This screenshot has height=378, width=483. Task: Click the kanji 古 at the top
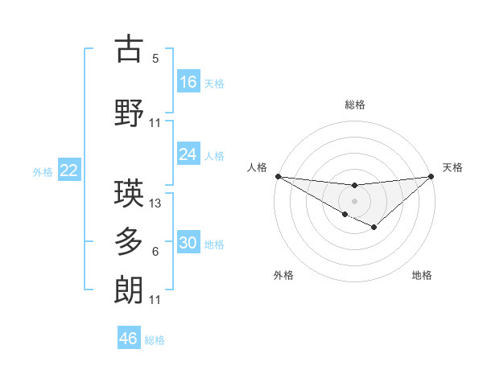pyautogui.click(x=129, y=50)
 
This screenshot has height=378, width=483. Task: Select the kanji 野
pyautogui.click(x=129, y=113)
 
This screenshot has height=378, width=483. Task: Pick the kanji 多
pyautogui.click(x=129, y=242)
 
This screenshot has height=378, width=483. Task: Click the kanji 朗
pyautogui.click(x=129, y=290)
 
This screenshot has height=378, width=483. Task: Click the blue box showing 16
pyautogui.click(x=188, y=82)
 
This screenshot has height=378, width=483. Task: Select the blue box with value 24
pyautogui.click(x=188, y=154)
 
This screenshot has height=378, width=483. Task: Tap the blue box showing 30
pyautogui.click(x=188, y=244)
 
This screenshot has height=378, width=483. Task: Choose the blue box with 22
pyautogui.click(x=68, y=171)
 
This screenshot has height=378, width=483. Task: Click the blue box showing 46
pyautogui.click(x=129, y=339)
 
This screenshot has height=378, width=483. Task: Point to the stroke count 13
pyautogui.click(x=156, y=203)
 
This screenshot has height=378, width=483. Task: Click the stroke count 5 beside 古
pyautogui.click(x=155, y=59)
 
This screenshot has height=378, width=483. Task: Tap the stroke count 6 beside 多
pyautogui.click(x=155, y=252)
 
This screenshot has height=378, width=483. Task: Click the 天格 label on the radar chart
pyautogui.click(x=453, y=167)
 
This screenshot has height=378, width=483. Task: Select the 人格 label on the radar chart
pyautogui.click(x=257, y=167)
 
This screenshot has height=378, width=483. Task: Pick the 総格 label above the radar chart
pyautogui.click(x=355, y=105)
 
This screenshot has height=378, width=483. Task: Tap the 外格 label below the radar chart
pyautogui.click(x=283, y=276)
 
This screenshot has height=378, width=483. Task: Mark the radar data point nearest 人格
pyautogui.click(x=278, y=175)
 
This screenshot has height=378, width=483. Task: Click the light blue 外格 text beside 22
pyautogui.click(x=43, y=171)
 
